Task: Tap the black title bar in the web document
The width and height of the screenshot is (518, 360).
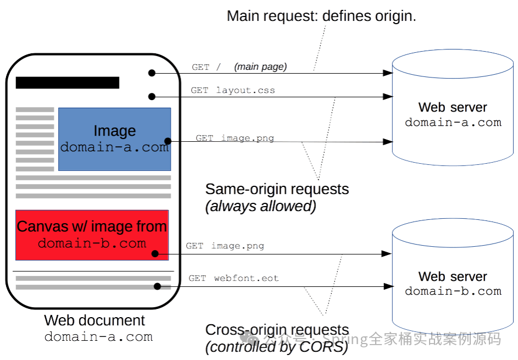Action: (67, 83)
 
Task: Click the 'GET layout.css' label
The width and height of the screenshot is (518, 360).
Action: (232, 90)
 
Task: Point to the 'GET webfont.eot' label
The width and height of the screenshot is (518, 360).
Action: (233, 279)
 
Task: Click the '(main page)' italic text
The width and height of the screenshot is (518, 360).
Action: (260, 67)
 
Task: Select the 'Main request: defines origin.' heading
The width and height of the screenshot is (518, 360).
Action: (321, 16)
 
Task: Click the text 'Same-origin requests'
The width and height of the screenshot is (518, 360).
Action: (277, 189)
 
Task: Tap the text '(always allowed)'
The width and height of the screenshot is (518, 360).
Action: (260, 206)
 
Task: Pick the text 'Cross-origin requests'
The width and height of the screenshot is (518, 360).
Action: (277, 330)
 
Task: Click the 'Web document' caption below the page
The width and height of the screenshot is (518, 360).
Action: (94, 320)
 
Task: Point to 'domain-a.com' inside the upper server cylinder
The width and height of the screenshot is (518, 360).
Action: (453, 123)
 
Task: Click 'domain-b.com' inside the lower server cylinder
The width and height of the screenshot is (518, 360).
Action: (453, 291)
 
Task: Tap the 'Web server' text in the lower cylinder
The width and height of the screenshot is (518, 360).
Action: (453, 276)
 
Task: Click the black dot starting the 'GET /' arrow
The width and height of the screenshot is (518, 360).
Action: (152, 73)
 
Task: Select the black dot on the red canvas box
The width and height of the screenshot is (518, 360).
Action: (155, 254)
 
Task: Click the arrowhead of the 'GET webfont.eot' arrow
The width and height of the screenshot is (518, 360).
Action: (387, 286)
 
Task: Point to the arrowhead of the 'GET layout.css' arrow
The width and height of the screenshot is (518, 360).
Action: (387, 97)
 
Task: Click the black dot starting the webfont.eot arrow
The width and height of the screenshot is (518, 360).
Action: (158, 286)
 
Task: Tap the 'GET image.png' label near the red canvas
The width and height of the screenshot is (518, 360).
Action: (225, 246)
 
